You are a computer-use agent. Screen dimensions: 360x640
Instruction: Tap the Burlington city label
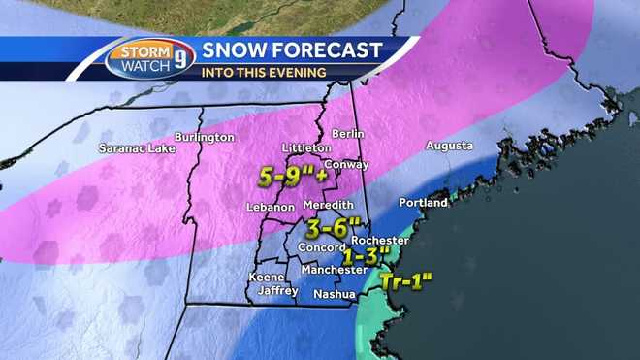[x=205, y=138]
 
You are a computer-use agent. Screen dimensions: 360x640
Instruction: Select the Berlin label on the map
[x=346, y=133]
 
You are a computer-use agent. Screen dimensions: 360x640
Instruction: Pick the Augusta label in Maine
[x=449, y=146]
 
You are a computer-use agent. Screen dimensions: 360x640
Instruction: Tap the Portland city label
[x=424, y=204]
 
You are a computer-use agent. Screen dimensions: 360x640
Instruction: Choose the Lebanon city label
[x=270, y=208]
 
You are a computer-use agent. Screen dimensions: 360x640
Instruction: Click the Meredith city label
[x=327, y=208]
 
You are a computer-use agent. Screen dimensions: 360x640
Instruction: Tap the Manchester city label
[x=332, y=270]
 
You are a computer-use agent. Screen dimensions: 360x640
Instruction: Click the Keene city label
[x=267, y=278]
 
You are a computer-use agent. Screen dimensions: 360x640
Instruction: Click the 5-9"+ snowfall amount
[x=291, y=178]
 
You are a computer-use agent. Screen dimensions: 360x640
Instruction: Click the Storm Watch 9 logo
[x=146, y=59]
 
